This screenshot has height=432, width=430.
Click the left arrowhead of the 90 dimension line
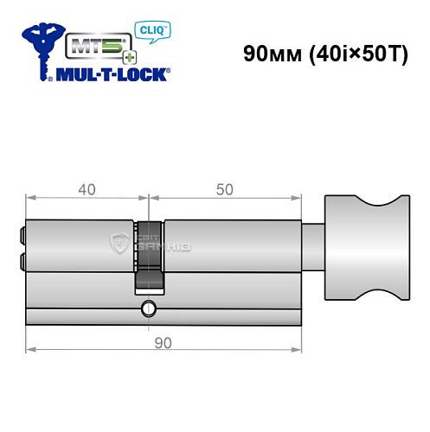pos(29,351)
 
